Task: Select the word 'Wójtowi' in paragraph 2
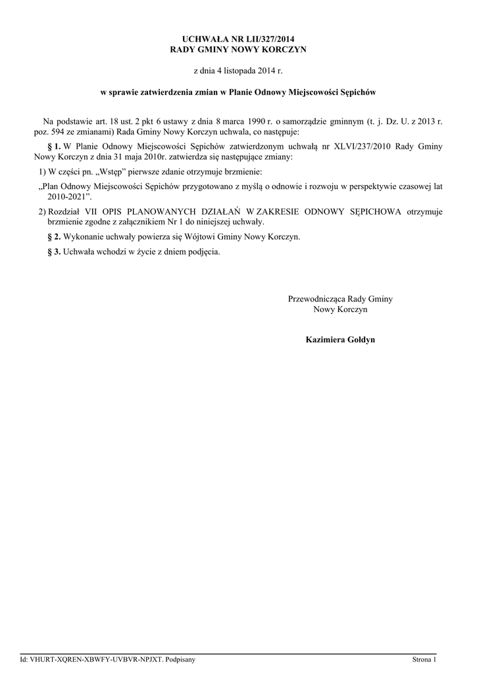(x=205, y=236)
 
